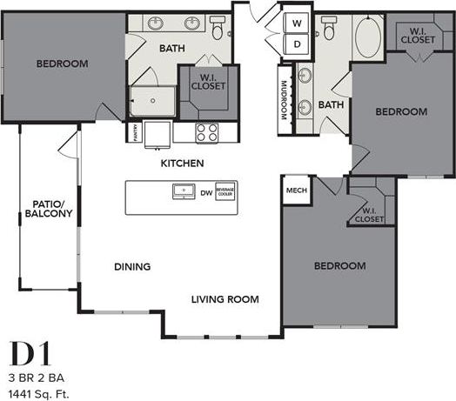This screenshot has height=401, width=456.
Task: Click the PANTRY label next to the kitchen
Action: click(x=136, y=132)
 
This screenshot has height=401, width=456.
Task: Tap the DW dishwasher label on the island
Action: click(x=205, y=192)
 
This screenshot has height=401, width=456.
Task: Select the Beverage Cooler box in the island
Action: click(x=225, y=192)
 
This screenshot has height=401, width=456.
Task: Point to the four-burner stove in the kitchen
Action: click(x=206, y=132)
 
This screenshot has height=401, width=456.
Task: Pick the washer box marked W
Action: click(x=296, y=23)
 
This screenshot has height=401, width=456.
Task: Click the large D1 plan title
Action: click(x=31, y=354)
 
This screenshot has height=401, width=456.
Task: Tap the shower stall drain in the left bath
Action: click(x=152, y=100)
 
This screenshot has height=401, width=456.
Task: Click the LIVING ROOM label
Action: click(x=225, y=299)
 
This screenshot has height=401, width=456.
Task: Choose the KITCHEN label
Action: click(x=182, y=163)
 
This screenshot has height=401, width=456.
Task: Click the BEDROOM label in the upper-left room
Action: click(x=63, y=63)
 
